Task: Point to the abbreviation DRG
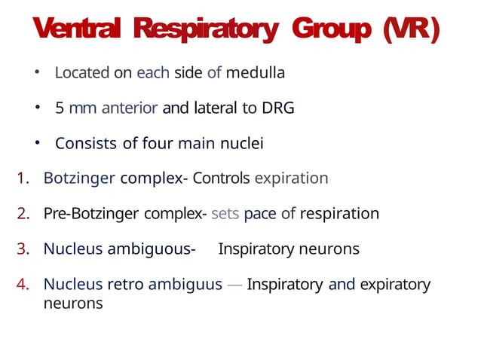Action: (277, 108)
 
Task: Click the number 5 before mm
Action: (59, 108)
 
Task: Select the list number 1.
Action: (22, 178)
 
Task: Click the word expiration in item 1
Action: (292, 178)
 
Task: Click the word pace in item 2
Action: (260, 214)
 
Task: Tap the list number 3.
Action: (22, 249)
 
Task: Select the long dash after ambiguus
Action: (234, 284)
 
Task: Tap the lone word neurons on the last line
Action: (73, 304)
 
